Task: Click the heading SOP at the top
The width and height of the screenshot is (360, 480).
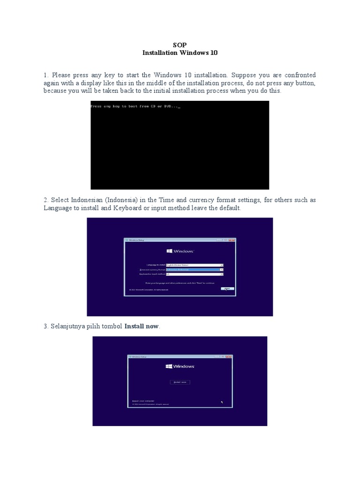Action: coord(180,45)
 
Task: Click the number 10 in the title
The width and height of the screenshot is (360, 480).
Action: coord(214,53)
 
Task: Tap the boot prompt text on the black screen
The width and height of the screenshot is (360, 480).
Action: coord(135,106)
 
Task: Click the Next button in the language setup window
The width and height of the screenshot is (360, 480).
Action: coord(227,289)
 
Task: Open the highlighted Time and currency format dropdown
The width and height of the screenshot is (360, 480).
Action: coord(195,270)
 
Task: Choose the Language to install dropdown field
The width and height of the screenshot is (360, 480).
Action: coord(195,265)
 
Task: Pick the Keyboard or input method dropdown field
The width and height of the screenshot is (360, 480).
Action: coord(195,274)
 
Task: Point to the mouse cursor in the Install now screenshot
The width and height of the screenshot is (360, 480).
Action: coord(222,402)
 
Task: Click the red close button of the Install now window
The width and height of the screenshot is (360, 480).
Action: coord(229,357)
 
